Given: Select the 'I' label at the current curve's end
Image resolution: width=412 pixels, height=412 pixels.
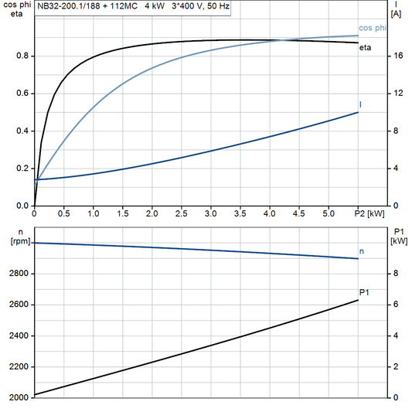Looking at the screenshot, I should coord(360,104).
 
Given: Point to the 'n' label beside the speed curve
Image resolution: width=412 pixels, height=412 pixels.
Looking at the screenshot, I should coord(363,251).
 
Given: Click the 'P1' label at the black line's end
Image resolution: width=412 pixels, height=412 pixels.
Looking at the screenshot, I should coord(366,291).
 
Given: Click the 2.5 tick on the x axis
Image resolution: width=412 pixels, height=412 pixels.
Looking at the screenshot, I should coord(181,213).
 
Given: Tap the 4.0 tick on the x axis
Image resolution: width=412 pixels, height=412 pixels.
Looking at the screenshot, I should coord(269,213).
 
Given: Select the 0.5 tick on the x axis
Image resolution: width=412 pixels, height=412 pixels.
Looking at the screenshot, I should coord(63,213).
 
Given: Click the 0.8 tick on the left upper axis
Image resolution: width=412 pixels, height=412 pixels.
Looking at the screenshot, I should coord(22,56).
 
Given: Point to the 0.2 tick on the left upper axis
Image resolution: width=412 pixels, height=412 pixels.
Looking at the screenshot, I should coord(22,169).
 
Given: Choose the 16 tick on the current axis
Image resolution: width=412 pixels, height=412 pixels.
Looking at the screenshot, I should coord(397,56).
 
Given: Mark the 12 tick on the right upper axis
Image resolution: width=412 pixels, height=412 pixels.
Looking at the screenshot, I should coord(397,94).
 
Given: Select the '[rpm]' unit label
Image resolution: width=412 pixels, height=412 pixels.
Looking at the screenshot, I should coord(16,242).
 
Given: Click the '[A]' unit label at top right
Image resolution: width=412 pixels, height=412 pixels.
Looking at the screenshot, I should coord(397,14).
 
